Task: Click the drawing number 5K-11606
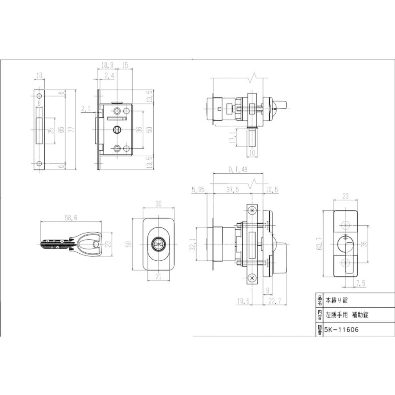click(341, 329)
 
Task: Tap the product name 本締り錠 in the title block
click(337, 300)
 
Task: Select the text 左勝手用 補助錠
click(347, 315)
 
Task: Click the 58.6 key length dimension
click(71, 218)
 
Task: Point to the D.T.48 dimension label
click(238, 169)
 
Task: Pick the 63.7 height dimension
click(320, 243)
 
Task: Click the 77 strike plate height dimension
click(72, 129)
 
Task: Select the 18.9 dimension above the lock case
click(108, 65)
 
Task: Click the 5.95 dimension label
click(198, 190)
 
